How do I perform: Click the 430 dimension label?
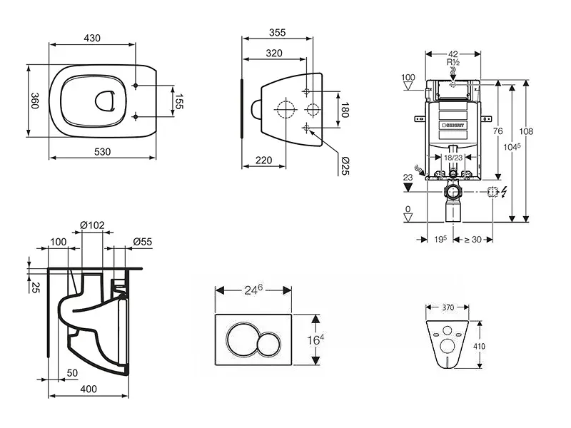(x=91, y=36)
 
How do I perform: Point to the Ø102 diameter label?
(x=93, y=225)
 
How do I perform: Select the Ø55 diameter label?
(x=143, y=243)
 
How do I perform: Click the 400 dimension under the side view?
(x=89, y=389)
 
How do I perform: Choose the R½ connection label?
(x=453, y=62)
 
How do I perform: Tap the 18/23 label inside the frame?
(x=453, y=157)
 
